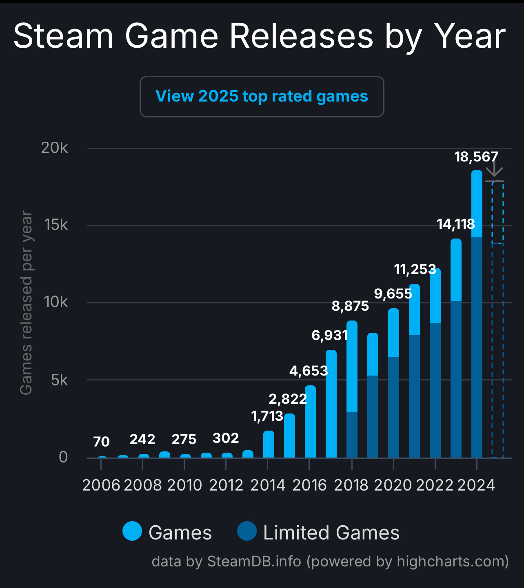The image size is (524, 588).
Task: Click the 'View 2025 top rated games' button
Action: coord(262,97)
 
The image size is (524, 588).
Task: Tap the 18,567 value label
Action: coord(476,157)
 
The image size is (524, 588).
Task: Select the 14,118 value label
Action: coord(456,224)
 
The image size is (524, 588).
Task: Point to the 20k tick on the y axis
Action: coord(54,148)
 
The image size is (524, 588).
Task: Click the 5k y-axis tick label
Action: coord(59,380)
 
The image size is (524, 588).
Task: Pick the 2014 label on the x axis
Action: coord(268,485)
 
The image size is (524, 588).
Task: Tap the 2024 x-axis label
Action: coord(476,485)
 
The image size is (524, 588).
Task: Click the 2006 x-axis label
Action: coord(101,485)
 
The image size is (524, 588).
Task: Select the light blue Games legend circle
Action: coord(132,531)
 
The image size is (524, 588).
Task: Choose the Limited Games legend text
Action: coord(331,533)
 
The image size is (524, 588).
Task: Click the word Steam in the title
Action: coord(63,36)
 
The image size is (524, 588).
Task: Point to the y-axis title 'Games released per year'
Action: coord(26,303)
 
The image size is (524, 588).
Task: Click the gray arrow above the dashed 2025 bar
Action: coord(494,169)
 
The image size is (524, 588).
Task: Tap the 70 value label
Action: coord(101,442)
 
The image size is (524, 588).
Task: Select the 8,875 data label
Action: coord(350,306)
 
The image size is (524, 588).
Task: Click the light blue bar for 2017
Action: coord(331,404)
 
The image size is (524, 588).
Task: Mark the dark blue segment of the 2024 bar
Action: coord(477,347)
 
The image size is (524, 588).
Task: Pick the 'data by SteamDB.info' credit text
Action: coord(226,561)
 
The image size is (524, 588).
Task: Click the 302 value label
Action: coord(226,438)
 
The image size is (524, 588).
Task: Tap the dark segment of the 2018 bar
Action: coord(352,435)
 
